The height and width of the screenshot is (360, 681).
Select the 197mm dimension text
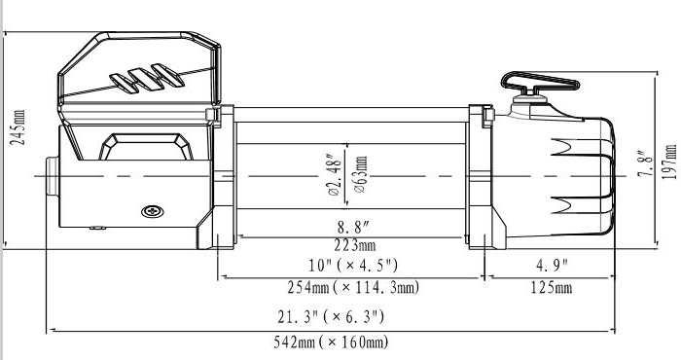click(x=668, y=160)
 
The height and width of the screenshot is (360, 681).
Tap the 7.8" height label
click(x=643, y=162)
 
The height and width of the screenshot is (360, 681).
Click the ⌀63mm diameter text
click(x=361, y=176)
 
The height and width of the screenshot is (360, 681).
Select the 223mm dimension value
click(x=352, y=244)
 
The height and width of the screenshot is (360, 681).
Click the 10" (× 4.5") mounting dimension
click(x=352, y=265)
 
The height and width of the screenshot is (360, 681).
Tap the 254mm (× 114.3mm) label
click(x=352, y=287)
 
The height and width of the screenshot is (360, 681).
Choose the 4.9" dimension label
click(x=551, y=265)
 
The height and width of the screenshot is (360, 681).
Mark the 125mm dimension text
click(x=551, y=287)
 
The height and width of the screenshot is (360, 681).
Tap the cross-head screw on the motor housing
click(x=152, y=211)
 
